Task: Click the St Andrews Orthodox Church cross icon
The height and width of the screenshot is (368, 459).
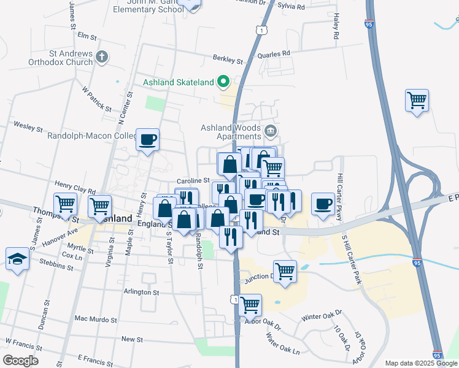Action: tap(102, 58)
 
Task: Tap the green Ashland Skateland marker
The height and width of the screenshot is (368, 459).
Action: tap(224, 82)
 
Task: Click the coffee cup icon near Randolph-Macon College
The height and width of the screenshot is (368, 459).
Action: tap(148, 140)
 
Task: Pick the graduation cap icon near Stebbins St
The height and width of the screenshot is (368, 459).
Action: tap(18, 258)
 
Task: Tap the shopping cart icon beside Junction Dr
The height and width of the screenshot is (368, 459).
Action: tap(285, 270)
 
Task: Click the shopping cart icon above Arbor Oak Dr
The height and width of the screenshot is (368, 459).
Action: tap(250, 304)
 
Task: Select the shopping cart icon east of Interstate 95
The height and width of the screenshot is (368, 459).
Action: tap(417, 100)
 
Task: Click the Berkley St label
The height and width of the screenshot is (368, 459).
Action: tap(228, 59)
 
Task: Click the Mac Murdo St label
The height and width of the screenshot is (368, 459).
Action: tap(95, 320)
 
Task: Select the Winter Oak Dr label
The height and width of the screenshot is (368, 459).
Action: tap(320, 318)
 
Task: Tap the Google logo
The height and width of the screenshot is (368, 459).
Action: tap(21, 360)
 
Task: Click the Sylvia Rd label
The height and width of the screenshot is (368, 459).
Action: tap(291, 7)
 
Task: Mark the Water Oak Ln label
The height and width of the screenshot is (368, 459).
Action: tap(283, 343)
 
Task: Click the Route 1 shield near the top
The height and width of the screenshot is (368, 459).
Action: tap(262, 29)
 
